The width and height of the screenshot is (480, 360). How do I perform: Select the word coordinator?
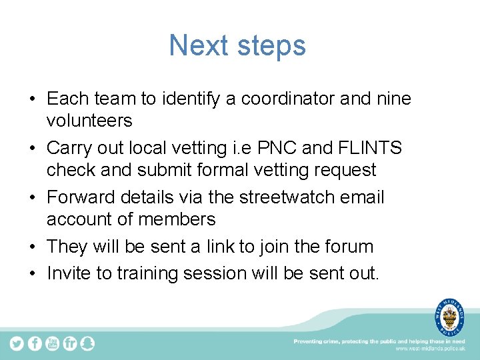[288, 99]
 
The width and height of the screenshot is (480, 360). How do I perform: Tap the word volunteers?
[89, 121]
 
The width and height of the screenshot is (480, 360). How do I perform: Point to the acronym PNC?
[289, 148]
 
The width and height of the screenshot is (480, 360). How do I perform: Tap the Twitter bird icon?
[17, 343]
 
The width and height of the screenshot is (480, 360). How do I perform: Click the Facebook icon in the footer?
[35, 343]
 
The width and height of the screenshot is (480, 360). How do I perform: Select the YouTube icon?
[53, 343]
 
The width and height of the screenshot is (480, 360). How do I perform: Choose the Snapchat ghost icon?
[87, 343]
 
